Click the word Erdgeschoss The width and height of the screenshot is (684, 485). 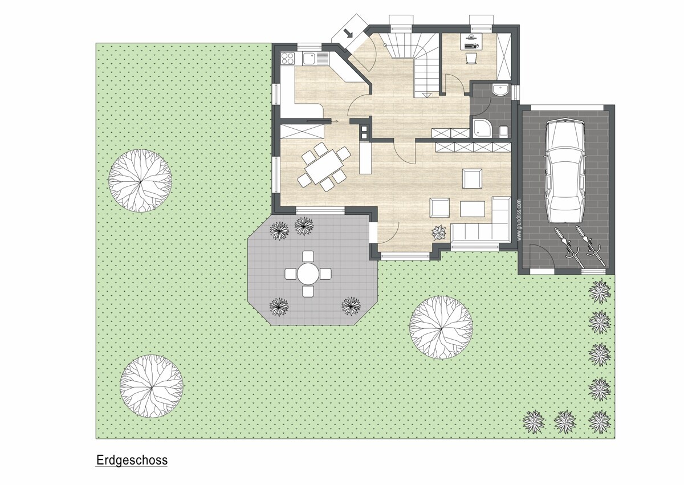pos(132,460)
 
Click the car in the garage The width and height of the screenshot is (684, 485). pos(566,171)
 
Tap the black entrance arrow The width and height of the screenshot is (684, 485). pos(348,32)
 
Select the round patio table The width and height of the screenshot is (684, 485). pos(308,274)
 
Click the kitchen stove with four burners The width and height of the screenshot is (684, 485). pos(287,59)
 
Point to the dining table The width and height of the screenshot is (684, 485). pos(324,166)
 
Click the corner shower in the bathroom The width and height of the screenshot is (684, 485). pos(482,128)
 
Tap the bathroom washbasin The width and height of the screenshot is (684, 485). pos(500,90)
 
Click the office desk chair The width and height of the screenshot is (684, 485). pos(471,58)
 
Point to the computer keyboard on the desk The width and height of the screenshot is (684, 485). pos(470,46)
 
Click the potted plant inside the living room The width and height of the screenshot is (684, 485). pos(439,233)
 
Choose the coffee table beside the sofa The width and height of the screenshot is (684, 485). pos(473,209)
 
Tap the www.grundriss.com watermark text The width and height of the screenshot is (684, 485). pos(519,220)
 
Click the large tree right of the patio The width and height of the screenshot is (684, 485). pos(441,328)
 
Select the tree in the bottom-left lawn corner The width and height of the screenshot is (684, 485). pos(151,386)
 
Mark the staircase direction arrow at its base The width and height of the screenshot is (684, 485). pos(426,95)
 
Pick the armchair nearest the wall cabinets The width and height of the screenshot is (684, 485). pos(472,178)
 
